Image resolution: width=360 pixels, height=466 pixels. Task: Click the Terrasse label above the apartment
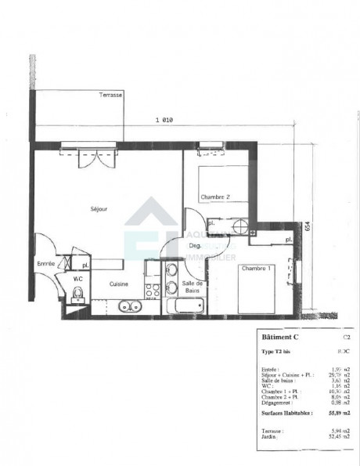[110, 95]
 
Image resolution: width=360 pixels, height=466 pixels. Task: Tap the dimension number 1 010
[164, 120]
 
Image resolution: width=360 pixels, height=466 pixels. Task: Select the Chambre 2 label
[214, 197]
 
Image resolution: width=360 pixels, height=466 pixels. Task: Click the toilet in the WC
[77, 294]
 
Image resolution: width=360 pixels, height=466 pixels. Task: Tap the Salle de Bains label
[193, 287]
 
